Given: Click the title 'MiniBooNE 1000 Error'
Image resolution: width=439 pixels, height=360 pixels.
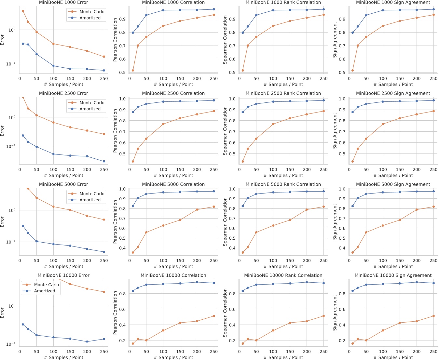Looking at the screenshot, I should [x=63, y=2].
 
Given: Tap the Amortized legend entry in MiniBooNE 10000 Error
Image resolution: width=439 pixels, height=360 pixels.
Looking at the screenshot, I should [x=45, y=291].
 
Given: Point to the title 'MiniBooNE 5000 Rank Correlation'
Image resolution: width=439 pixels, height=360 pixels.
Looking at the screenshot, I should [x=283, y=184].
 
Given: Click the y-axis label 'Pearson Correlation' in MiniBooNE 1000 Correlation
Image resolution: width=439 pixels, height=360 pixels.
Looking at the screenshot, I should [x=115, y=40].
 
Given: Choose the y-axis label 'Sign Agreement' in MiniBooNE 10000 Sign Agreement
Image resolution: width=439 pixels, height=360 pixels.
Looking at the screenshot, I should [x=335, y=313].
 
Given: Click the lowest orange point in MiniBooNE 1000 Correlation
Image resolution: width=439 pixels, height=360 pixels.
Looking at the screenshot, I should [x=133, y=70].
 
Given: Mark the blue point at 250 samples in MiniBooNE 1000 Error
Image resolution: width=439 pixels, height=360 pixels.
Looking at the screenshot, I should [x=104, y=70].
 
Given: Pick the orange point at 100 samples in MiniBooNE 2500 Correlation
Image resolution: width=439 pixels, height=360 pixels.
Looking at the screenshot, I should [x=163, y=124].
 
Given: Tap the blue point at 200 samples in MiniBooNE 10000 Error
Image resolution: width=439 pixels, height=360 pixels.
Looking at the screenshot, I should [x=87, y=341].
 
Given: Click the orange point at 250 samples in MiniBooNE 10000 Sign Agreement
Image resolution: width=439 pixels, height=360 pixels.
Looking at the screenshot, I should [x=433, y=316].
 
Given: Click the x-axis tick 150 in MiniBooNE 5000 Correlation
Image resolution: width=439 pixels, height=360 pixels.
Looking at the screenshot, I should [x=180, y=260].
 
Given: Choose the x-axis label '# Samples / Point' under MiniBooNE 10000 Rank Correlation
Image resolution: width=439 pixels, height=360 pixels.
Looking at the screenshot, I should [x=283, y=357].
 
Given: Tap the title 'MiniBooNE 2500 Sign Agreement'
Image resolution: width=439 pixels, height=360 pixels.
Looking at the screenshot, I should [x=393, y=93].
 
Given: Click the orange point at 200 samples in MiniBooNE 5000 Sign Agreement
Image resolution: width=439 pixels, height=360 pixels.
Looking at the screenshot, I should [x=417, y=209].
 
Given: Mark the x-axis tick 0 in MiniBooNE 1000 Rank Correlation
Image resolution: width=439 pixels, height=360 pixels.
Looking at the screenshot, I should [x=240, y=78].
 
